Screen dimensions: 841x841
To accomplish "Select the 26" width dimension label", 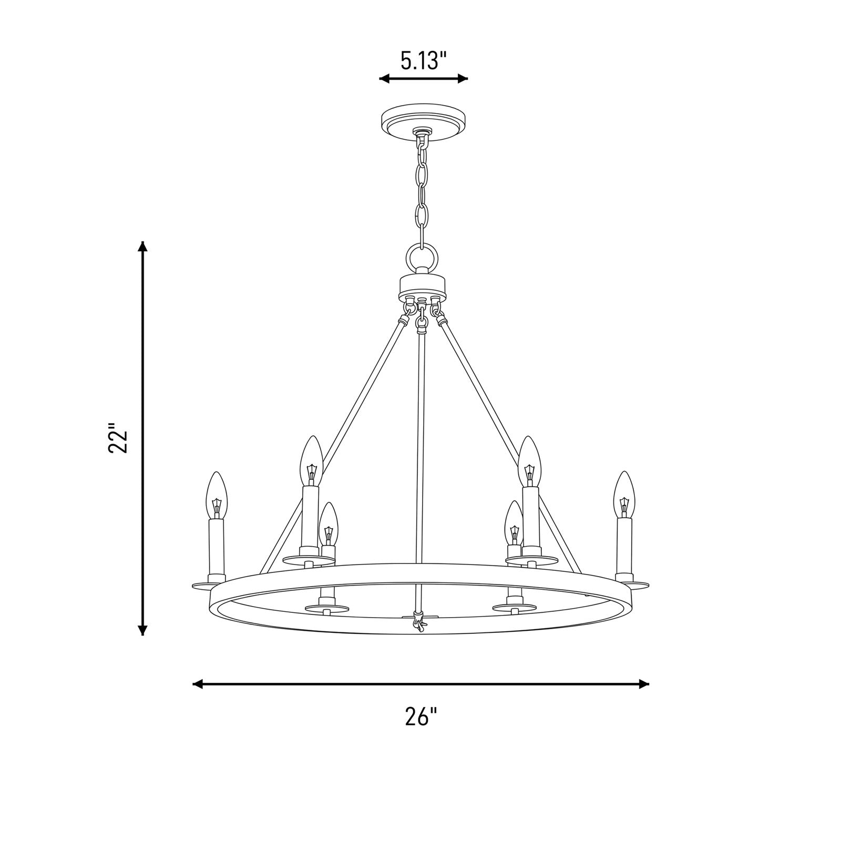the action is click(x=421, y=716).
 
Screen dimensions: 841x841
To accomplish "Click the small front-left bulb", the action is click(x=328, y=524).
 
